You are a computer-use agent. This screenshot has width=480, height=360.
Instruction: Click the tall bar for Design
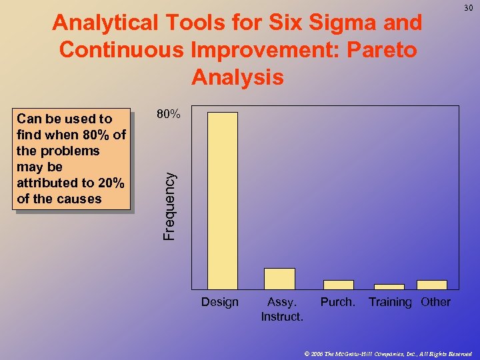pos(223,200)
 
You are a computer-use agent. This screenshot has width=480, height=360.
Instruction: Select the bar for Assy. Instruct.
pos(279,279)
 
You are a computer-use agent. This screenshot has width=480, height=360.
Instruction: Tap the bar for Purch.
pos(338,285)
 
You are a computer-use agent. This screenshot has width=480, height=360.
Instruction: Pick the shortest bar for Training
pos(389,287)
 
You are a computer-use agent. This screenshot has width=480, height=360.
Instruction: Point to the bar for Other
pos(431,285)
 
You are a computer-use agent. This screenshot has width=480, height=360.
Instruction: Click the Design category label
pos(220,303)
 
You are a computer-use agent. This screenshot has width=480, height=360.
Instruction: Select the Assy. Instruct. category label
pos(282,309)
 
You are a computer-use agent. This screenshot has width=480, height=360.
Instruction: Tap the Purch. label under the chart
pos(338,303)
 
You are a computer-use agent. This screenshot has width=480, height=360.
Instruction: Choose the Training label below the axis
pos(390,303)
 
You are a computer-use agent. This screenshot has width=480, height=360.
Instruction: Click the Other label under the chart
pos(435,303)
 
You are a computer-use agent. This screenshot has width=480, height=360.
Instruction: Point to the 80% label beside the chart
pos(168,114)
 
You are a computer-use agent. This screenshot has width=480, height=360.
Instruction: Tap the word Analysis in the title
pos(237,77)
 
